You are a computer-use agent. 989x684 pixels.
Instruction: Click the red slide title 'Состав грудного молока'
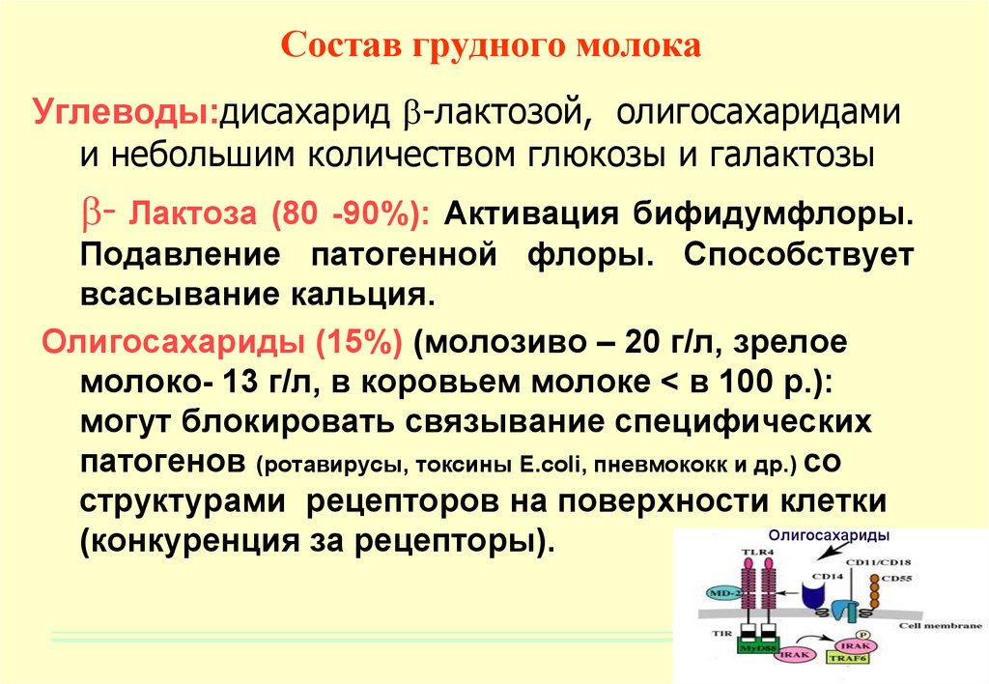[491, 45]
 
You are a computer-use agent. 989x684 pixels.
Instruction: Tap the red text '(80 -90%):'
[350, 214]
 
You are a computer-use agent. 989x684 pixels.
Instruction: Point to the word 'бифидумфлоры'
[774, 214]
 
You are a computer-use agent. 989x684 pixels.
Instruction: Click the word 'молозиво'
[508, 343]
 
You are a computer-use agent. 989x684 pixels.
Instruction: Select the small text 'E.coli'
[553, 465]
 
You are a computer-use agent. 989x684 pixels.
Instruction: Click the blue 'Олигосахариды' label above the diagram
[829, 536]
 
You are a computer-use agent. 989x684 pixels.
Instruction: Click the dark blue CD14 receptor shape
[817, 594]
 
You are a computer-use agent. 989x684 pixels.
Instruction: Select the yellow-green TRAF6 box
[848, 658]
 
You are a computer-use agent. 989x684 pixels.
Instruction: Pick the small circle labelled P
[862, 635]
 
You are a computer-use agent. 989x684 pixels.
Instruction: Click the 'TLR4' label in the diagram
[757, 553]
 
